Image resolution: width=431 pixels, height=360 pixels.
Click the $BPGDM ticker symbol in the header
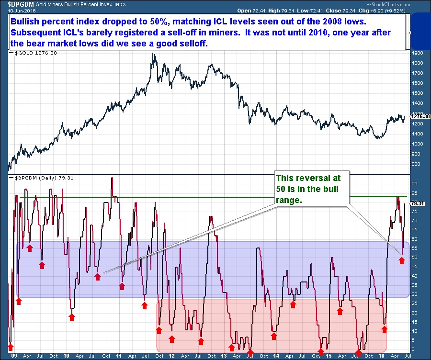tap(15, 4)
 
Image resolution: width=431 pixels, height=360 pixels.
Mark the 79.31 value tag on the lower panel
tap(418, 203)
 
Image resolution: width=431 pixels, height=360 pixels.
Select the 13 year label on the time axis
tap(224, 356)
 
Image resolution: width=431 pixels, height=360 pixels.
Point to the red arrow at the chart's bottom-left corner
tap(11, 347)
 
